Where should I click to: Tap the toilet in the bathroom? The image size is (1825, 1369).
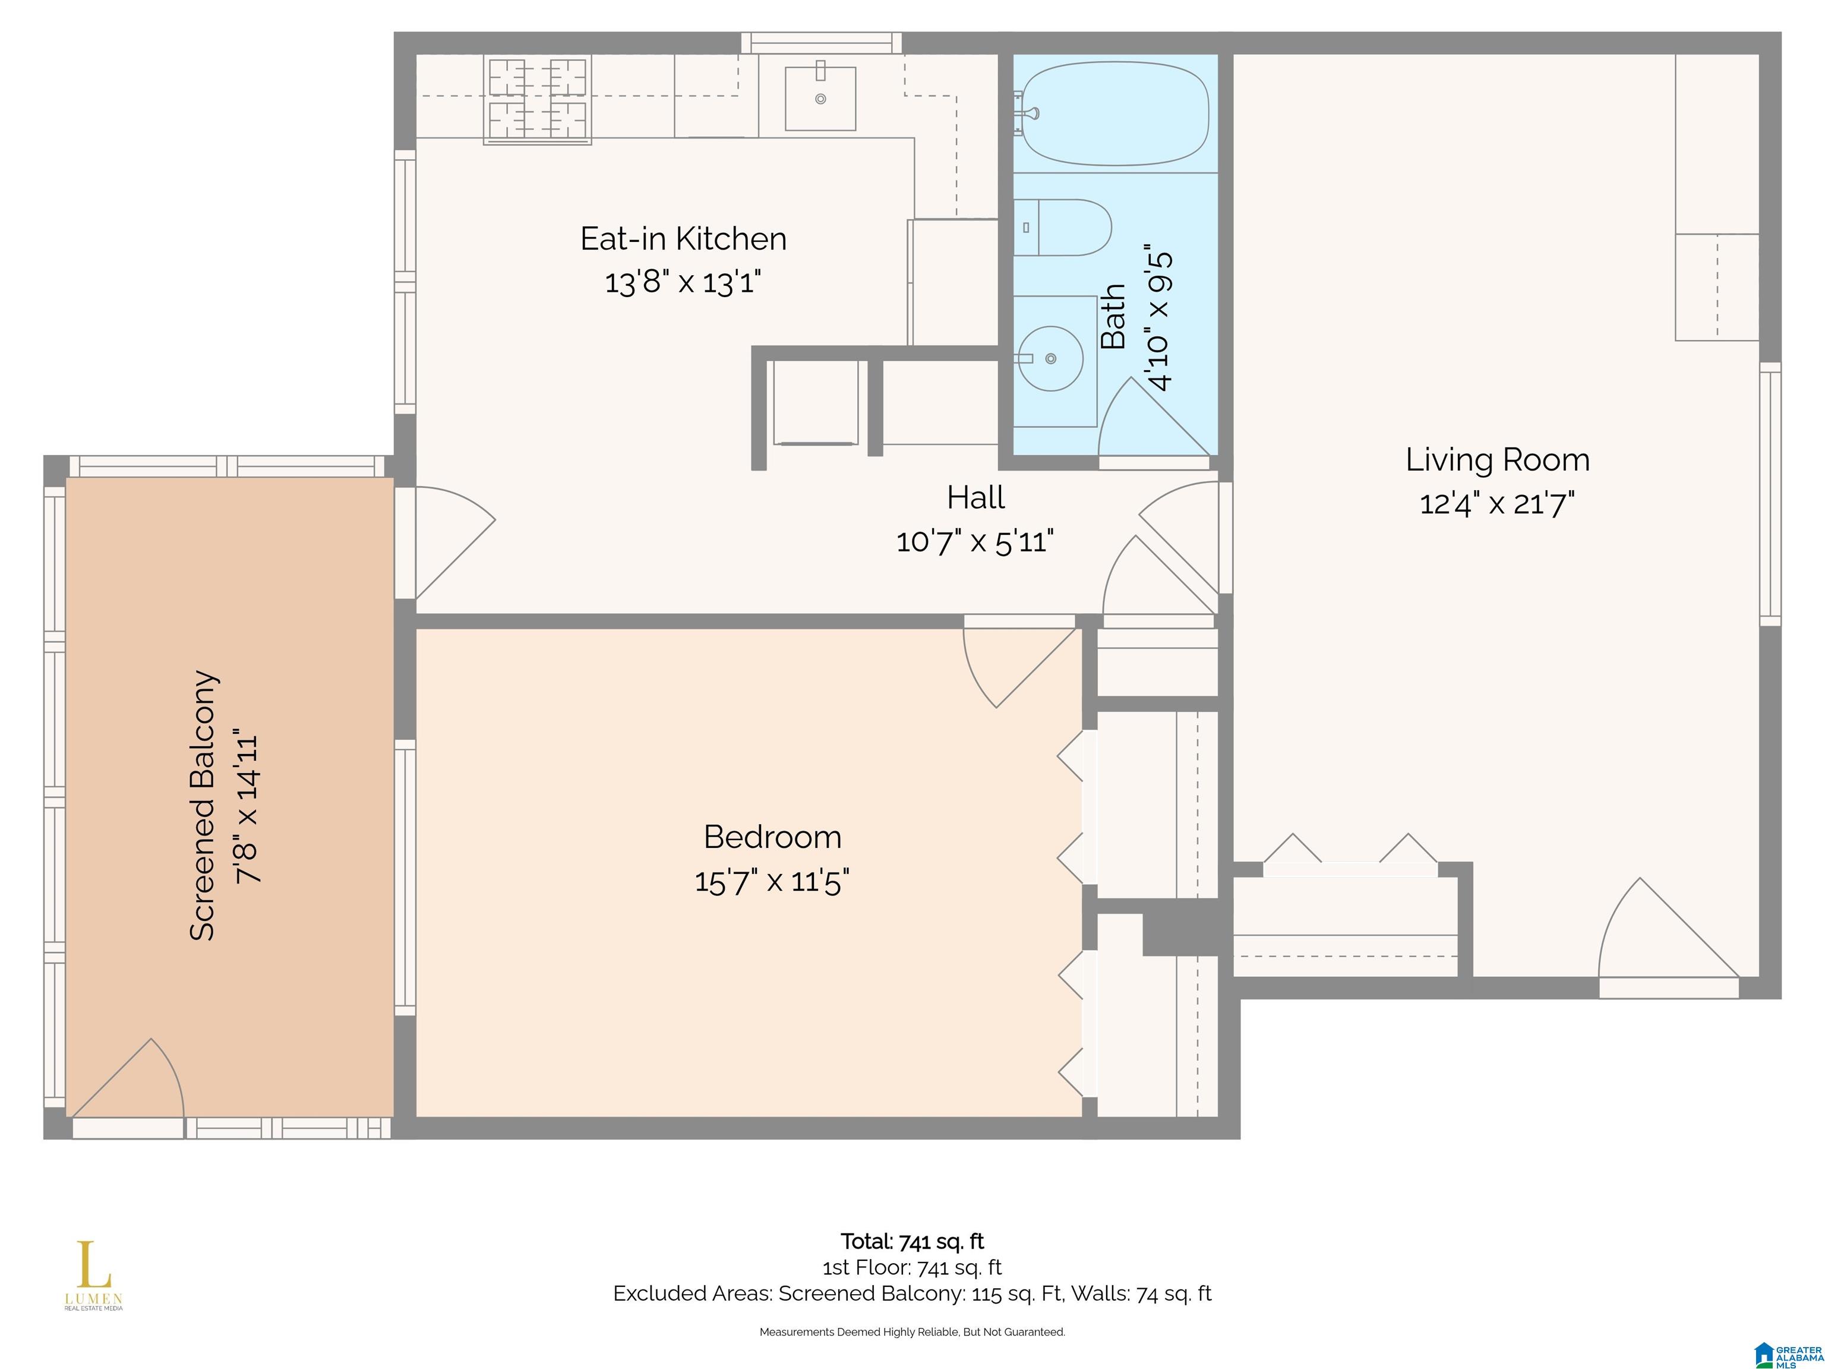pos(1063,227)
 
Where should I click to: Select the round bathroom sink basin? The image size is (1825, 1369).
pos(1050,358)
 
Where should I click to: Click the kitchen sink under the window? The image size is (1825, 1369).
pos(820,98)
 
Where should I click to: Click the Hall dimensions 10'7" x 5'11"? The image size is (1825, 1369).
pos(975,541)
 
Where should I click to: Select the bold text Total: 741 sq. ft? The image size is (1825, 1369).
pos(912,1241)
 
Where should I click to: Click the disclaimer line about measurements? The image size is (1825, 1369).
pos(912,1332)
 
